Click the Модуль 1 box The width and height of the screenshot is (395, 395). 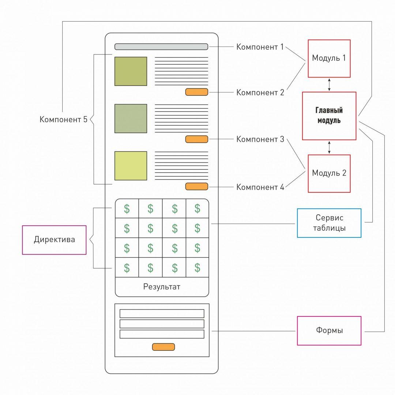click(x=329, y=59)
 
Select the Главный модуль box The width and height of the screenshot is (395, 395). click(x=329, y=116)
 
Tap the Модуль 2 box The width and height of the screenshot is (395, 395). click(x=329, y=173)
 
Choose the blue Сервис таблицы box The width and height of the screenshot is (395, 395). click(x=329, y=223)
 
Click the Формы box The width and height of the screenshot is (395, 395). click(x=329, y=331)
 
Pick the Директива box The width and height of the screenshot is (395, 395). click(x=54, y=240)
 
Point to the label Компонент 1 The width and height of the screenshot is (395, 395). click(x=260, y=47)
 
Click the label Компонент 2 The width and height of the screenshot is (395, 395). click(x=260, y=92)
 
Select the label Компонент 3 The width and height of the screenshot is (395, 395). click(x=260, y=139)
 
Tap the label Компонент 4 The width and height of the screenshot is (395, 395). click(x=260, y=187)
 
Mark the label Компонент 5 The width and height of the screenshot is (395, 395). click(x=63, y=119)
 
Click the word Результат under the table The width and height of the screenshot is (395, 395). click(x=162, y=287)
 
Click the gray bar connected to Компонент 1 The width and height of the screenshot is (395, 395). click(x=161, y=47)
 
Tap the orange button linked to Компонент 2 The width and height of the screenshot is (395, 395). click(x=196, y=92)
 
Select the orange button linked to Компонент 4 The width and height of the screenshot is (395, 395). click(x=196, y=187)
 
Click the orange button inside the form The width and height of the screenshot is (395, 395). click(x=163, y=347)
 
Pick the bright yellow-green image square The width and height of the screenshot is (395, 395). click(x=131, y=166)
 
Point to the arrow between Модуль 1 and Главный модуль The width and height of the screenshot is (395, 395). click(x=329, y=84)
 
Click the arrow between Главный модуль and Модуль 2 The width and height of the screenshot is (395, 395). click(x=329, y=147)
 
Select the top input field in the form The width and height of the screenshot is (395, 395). click(x=162, y=313)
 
